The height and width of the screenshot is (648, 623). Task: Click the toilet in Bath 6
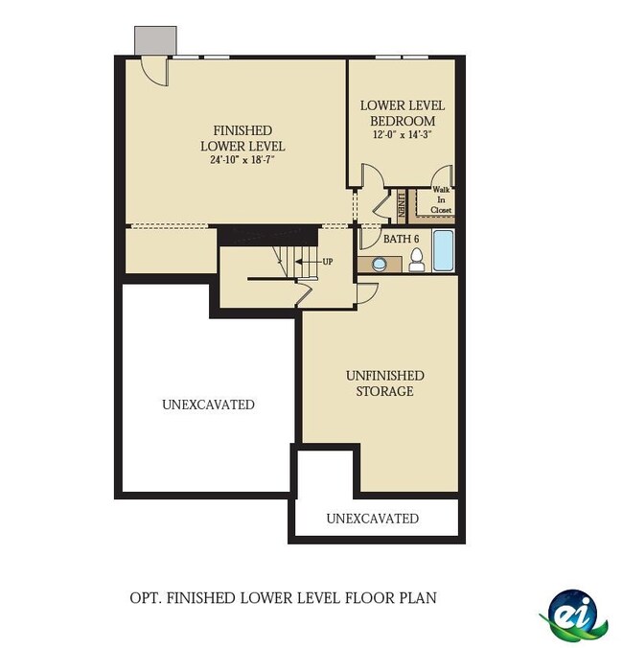(x=417, y=261)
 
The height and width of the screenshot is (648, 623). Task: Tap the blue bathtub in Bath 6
(x=443, y=250)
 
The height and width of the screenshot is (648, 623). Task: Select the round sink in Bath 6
(x=380, y=265)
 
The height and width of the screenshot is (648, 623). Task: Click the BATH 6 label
(x=401, y=239)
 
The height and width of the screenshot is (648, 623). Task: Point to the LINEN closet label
(x=402, y=205)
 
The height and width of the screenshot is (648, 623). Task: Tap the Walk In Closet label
(x=441, y=200)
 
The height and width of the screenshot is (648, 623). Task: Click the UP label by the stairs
(x=327, y=262)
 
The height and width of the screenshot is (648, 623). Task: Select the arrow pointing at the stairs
(x=308, y=262)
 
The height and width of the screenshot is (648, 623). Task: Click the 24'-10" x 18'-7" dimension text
(x=242, y=160)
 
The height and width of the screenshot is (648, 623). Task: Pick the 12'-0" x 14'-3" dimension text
(x=402, y=134)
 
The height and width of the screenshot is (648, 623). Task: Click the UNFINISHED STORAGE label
(x=385, y=383)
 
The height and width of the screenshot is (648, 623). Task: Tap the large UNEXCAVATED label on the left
(x=208, y=405)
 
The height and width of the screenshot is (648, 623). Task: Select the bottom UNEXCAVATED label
(x=372, y=519)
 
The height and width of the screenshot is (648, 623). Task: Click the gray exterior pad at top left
(x=155, y=40)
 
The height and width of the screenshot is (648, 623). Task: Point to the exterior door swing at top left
(x=155, y=71)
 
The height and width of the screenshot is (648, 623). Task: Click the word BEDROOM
(x=403, y=121)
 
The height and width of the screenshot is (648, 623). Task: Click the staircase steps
(x=295, y=262)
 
